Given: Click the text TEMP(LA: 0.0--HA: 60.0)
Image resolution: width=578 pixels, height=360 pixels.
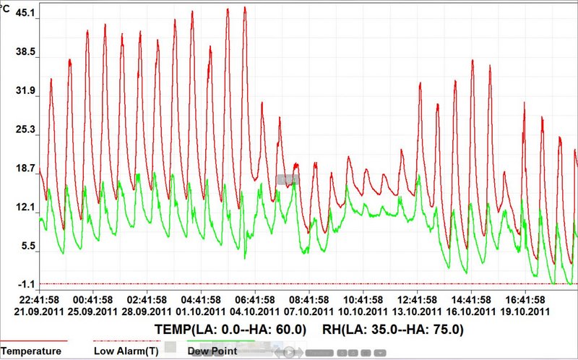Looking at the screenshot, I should tap(230, 330).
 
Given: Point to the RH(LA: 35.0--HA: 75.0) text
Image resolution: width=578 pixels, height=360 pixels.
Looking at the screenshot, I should tap(389, 330).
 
